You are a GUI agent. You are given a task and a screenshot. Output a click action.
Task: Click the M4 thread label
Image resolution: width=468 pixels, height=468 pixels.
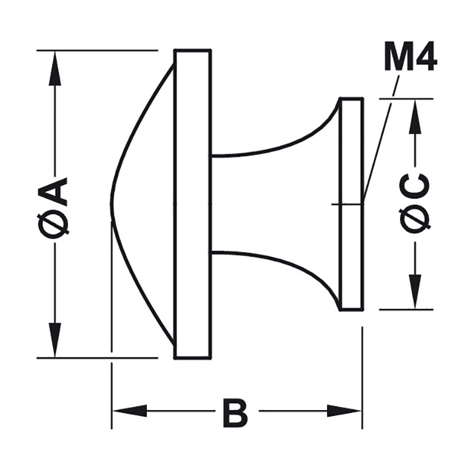pos(411,60)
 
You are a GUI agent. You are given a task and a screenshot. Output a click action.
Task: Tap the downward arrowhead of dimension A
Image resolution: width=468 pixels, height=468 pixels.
pos(54,340)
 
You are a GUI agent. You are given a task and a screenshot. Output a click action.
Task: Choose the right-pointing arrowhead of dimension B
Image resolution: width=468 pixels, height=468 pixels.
pos(344,411)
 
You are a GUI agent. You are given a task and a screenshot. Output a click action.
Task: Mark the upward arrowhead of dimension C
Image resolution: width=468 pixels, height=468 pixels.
pos(415,116)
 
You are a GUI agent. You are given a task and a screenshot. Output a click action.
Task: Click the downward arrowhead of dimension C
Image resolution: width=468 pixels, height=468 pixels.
pos(415,291)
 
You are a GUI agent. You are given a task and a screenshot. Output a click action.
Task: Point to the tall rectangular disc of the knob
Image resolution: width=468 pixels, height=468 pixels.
pos(193,204)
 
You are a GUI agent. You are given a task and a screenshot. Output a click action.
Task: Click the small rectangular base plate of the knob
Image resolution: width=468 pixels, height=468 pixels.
pos(352,204)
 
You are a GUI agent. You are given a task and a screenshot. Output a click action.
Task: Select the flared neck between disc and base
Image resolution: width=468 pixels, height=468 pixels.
pos(275,204)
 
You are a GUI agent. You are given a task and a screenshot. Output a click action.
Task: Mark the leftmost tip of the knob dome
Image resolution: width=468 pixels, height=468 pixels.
pos(111,204)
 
